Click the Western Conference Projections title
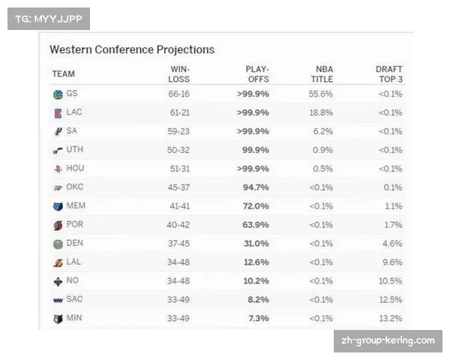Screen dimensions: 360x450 tap(132, 49)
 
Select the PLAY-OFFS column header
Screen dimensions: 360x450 tap(257, 74)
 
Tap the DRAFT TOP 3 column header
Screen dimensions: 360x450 tap(388, 74)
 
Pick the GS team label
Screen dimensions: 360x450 tap(72, 94)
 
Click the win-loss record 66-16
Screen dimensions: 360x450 tap(179, 94)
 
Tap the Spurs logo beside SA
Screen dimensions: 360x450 tap(58, 131)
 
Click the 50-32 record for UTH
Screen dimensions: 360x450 tap(179, 150)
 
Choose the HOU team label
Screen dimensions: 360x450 tap(75, 169)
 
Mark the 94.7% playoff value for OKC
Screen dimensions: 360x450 tap(253, 187)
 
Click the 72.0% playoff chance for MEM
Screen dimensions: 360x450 tap(253, 206)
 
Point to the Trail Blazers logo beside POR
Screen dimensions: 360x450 tap(58, 225)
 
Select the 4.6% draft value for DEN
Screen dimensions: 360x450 tap(391, 244)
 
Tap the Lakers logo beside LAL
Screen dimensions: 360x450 tap(58, 262)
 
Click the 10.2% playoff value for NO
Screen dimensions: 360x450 tap(253, 281)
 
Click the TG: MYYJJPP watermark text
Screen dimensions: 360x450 tap(48, 19)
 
